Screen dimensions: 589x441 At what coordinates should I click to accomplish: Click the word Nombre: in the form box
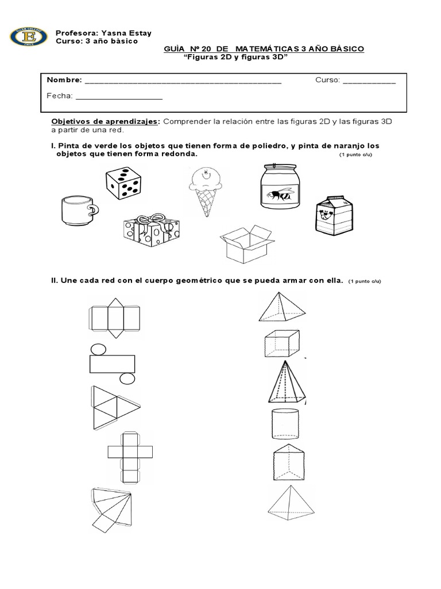pos(64,80)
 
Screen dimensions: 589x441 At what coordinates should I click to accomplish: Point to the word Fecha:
pos(59,96)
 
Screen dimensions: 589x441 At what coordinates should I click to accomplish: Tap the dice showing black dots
pos(123,183)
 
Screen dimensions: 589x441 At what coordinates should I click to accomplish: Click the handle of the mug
pos(92,211)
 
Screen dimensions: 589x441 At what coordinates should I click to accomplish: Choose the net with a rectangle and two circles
pos(113,364)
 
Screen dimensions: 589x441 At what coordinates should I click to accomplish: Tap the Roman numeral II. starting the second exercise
pos(55,281)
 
